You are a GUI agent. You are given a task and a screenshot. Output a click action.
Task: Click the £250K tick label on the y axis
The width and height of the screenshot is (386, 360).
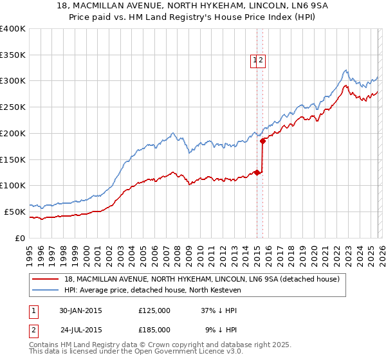point(12,107)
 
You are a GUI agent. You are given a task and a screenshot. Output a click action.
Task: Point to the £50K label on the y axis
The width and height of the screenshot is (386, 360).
point(15,212)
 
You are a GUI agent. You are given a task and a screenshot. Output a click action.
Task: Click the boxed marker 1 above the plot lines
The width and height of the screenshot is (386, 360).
point(255,60)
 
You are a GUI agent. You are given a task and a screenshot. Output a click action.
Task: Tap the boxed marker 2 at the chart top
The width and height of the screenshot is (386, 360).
point(262,60)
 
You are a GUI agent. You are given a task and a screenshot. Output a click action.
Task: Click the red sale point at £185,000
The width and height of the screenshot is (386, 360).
point(262,141)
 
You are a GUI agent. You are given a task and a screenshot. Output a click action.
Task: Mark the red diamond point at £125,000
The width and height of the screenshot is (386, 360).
point(257,172)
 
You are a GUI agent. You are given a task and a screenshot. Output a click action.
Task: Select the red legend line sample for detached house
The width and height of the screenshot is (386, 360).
point(46,279)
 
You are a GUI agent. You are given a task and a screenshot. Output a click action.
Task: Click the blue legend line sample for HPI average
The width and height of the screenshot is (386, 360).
point(46,291)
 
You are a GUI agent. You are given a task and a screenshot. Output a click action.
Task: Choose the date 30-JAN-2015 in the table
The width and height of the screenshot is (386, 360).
point(80,310)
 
